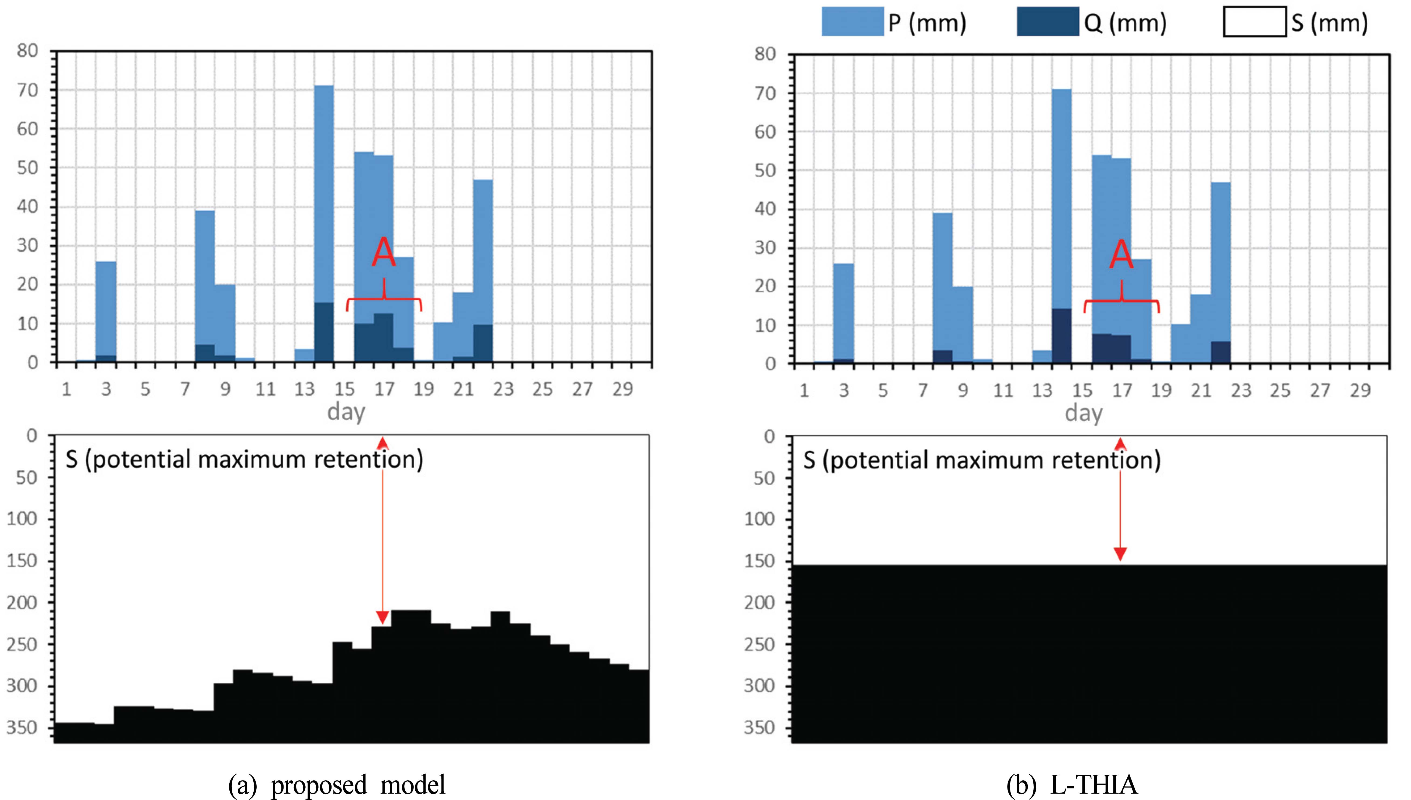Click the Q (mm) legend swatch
[1047, 22]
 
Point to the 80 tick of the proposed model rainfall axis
[27, 51]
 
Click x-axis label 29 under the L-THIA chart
[1361, 391]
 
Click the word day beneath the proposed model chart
[346, 412]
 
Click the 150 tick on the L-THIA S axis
[760, 561]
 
